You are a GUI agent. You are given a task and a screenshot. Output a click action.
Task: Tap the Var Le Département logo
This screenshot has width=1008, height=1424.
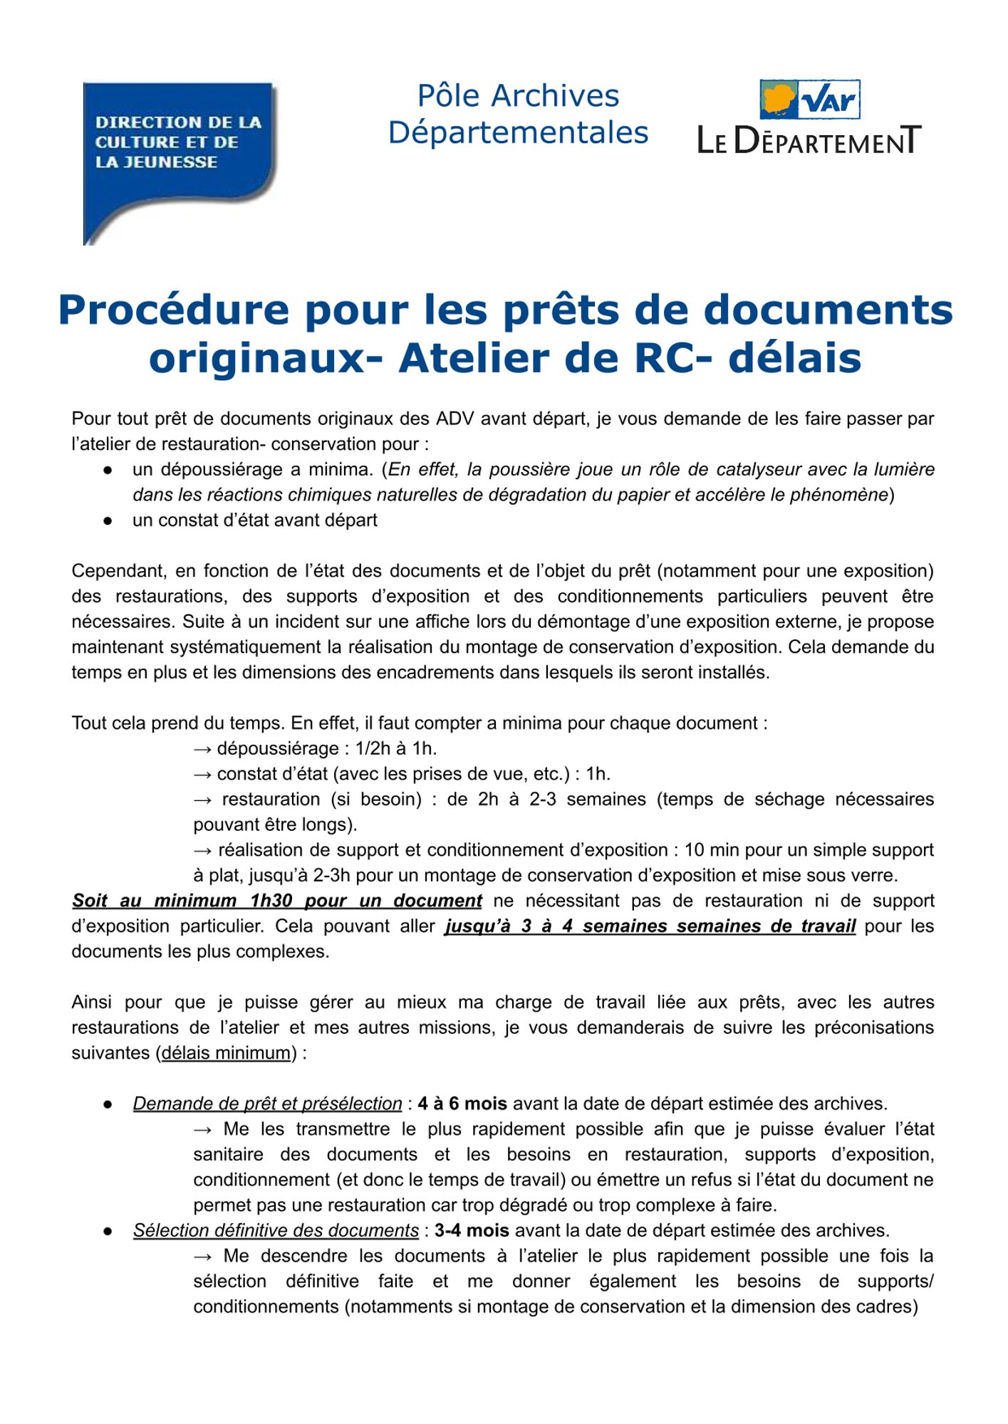click(x=809, y=118)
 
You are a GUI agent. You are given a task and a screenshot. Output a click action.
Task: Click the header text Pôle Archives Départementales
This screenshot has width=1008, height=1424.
click(x=518, y=115)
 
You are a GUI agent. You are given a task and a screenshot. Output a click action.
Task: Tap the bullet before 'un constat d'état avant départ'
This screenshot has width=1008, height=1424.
click(x=108, y=520)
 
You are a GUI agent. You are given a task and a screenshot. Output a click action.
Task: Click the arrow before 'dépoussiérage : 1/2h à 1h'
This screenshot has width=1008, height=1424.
click(x=203, y=748)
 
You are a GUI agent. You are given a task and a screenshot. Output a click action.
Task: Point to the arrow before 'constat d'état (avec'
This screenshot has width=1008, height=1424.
click(x=203, y=774)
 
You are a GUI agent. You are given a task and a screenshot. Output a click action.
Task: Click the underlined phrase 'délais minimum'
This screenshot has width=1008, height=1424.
click(x=226, y=1053)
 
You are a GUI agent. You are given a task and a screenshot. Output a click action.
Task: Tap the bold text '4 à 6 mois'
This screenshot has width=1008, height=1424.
click(x=462, y=1104)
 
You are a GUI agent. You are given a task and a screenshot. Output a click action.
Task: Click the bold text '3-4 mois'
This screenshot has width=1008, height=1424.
click(x=472, y=1230)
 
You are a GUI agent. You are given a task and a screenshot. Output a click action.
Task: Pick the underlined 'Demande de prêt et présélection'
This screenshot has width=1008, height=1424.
click(x=267, y=1104)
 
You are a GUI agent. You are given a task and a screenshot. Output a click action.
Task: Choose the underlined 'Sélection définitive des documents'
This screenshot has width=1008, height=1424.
click(x=276, y=1230)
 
